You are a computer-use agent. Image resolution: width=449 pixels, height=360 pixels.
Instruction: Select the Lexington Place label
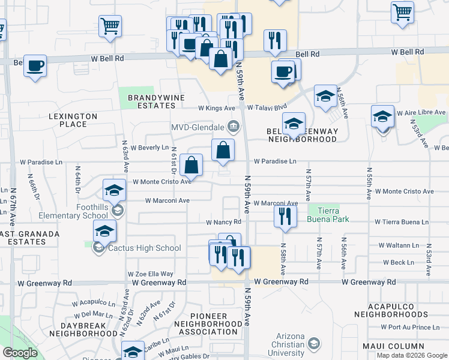[73, 120]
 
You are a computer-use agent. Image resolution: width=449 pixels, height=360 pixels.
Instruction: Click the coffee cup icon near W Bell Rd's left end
[35, 65]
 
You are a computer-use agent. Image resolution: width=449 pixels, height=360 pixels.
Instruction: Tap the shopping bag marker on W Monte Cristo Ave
[191, 166]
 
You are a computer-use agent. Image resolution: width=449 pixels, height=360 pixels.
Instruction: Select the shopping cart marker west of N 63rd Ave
[110, 26]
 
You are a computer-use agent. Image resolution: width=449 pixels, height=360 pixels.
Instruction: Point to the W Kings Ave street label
[217, 109]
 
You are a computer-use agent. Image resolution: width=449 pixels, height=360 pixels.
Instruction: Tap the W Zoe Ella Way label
[150, 274]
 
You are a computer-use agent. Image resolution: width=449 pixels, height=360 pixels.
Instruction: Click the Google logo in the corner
[20, 353]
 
